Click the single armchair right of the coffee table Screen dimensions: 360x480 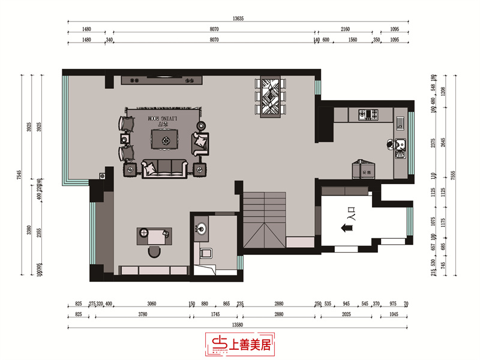[201, 143]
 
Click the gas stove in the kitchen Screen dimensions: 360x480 [367, 113]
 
